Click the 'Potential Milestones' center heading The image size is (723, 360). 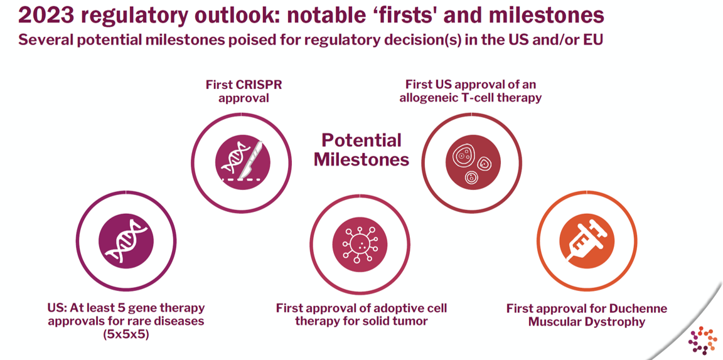[361, 149]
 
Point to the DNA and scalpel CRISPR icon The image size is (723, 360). [242, 161]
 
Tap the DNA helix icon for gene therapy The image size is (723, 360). [126, 242]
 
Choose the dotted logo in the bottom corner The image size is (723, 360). [702, 340]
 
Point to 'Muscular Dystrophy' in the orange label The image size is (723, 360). [586, 322]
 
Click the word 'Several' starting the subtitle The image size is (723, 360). [43, 40]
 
